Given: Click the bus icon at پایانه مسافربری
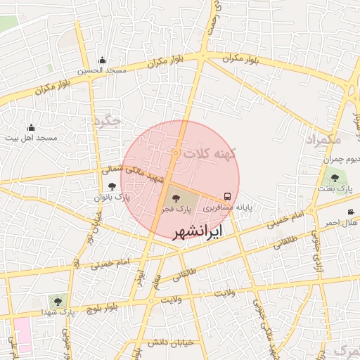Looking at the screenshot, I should click(227, 197).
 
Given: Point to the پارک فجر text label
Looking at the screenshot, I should click(174, 209).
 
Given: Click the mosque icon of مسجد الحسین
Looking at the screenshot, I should click(103, 60).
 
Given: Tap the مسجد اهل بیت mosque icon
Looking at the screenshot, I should click(31, 127).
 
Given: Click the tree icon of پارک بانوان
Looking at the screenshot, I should click(112, 186).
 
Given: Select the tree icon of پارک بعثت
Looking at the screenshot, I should click(334, 178).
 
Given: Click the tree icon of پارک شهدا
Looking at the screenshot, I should click(57, 300).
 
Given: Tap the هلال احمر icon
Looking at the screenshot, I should click(351, 212).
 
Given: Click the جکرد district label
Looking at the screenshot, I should click(107, 121).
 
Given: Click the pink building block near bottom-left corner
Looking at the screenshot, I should click(22, 335).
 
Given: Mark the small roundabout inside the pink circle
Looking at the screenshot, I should click(175, 153).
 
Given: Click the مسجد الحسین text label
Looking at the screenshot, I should click(103, 71).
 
